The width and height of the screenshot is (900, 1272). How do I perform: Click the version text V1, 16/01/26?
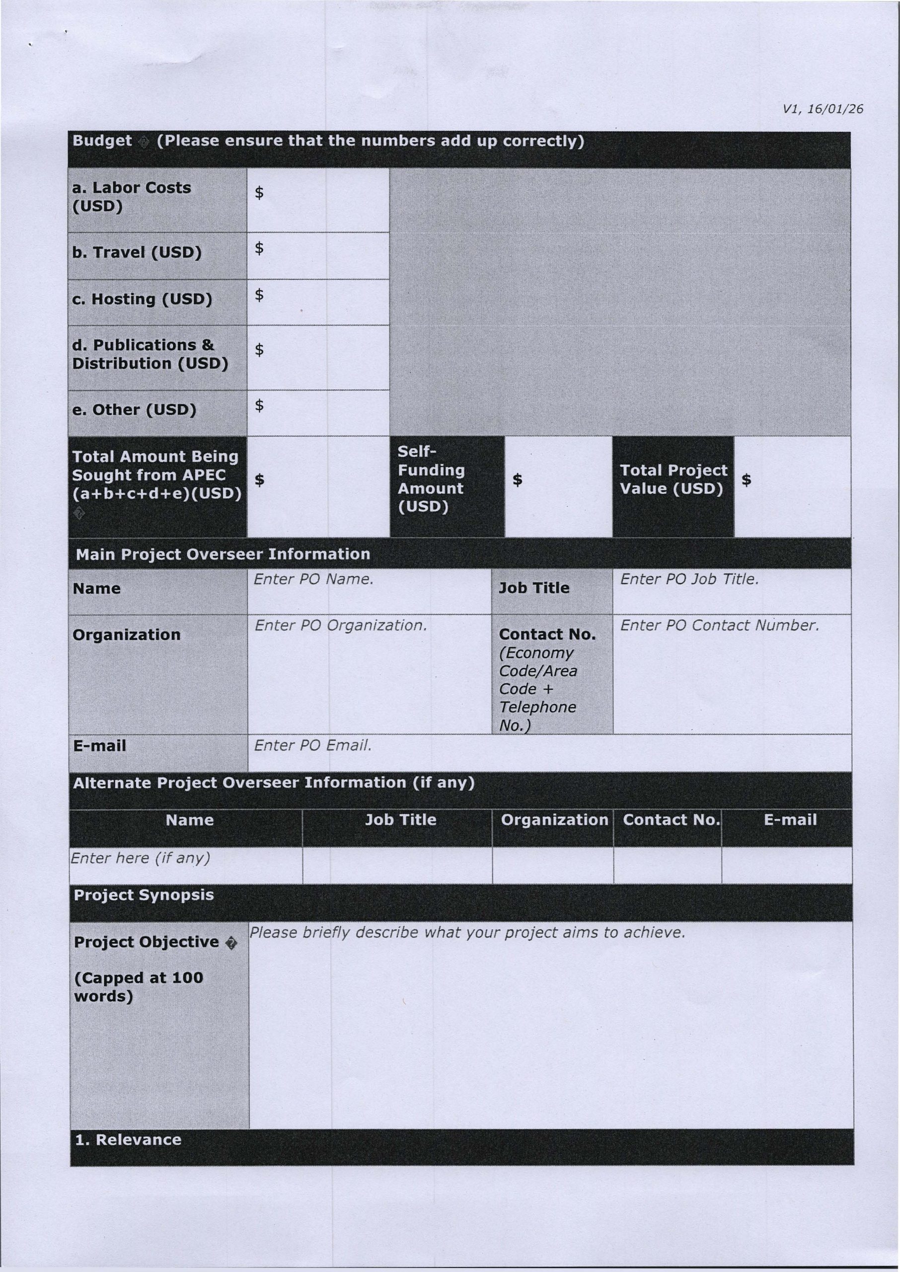[x=823, y=109]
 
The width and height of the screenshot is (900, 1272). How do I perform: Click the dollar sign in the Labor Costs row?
[x=259, y=192]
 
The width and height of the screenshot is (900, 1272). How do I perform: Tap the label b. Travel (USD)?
[x=136, y=253]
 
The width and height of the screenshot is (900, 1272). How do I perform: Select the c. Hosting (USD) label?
[x=142, y=299]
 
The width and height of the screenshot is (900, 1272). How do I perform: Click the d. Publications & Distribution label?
[x=150, y=354]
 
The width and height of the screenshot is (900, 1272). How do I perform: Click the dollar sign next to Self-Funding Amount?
[x=517, y=479]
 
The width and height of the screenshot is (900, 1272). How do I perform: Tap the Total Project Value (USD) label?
[x=673, y=479]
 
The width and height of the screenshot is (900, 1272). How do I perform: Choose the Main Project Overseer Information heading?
[x=222, y=554]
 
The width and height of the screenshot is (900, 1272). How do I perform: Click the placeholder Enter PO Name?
[x=313, y=579]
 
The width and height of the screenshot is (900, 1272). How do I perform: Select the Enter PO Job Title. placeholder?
[x=689, y=579]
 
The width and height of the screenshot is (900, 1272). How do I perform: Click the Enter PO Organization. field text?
[x=340, y=626]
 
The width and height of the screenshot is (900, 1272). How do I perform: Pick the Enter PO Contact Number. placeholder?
[x=719, y=626]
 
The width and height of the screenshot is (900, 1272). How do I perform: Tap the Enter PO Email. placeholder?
[x=312, y=746]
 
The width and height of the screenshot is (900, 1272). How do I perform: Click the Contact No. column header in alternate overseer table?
[x=671, y=820]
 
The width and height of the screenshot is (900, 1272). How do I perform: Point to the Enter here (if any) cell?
[x=140, y=859]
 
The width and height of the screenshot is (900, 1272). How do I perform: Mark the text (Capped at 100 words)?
[x=138, y=987]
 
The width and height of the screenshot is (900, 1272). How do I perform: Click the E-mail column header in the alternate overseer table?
[x=790, y=820]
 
